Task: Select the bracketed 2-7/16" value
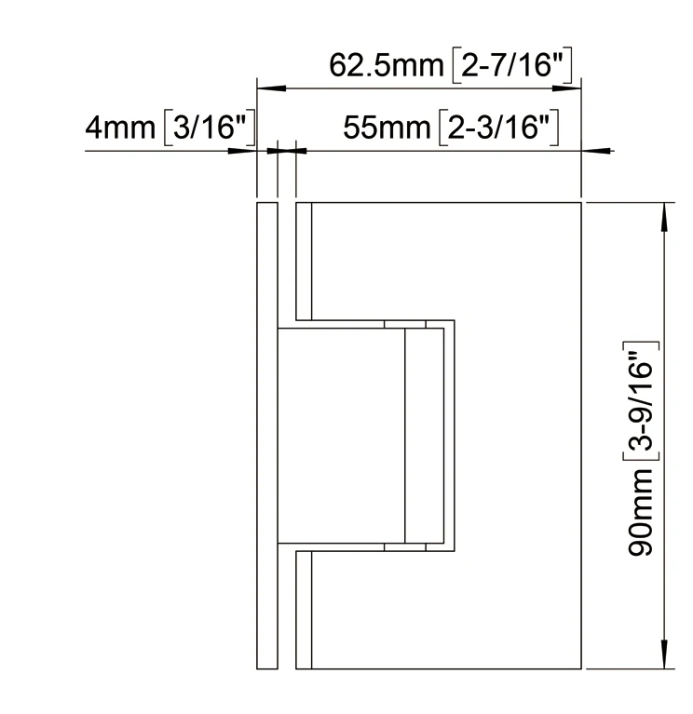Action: click(x=515, y=66)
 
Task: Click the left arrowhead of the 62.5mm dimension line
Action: click(x=265, y=88)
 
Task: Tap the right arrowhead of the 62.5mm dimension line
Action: click(x=573, y=88)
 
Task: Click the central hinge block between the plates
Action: click(x=341, y=435)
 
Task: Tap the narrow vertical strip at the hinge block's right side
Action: click(x=415, y=435)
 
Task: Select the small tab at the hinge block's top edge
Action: click(x=405, y=325)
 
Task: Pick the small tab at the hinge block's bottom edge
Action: click(x=405, y=546)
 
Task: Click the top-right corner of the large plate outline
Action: click(x=582, y=201)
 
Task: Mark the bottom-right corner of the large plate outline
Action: click(x=582, y=668)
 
